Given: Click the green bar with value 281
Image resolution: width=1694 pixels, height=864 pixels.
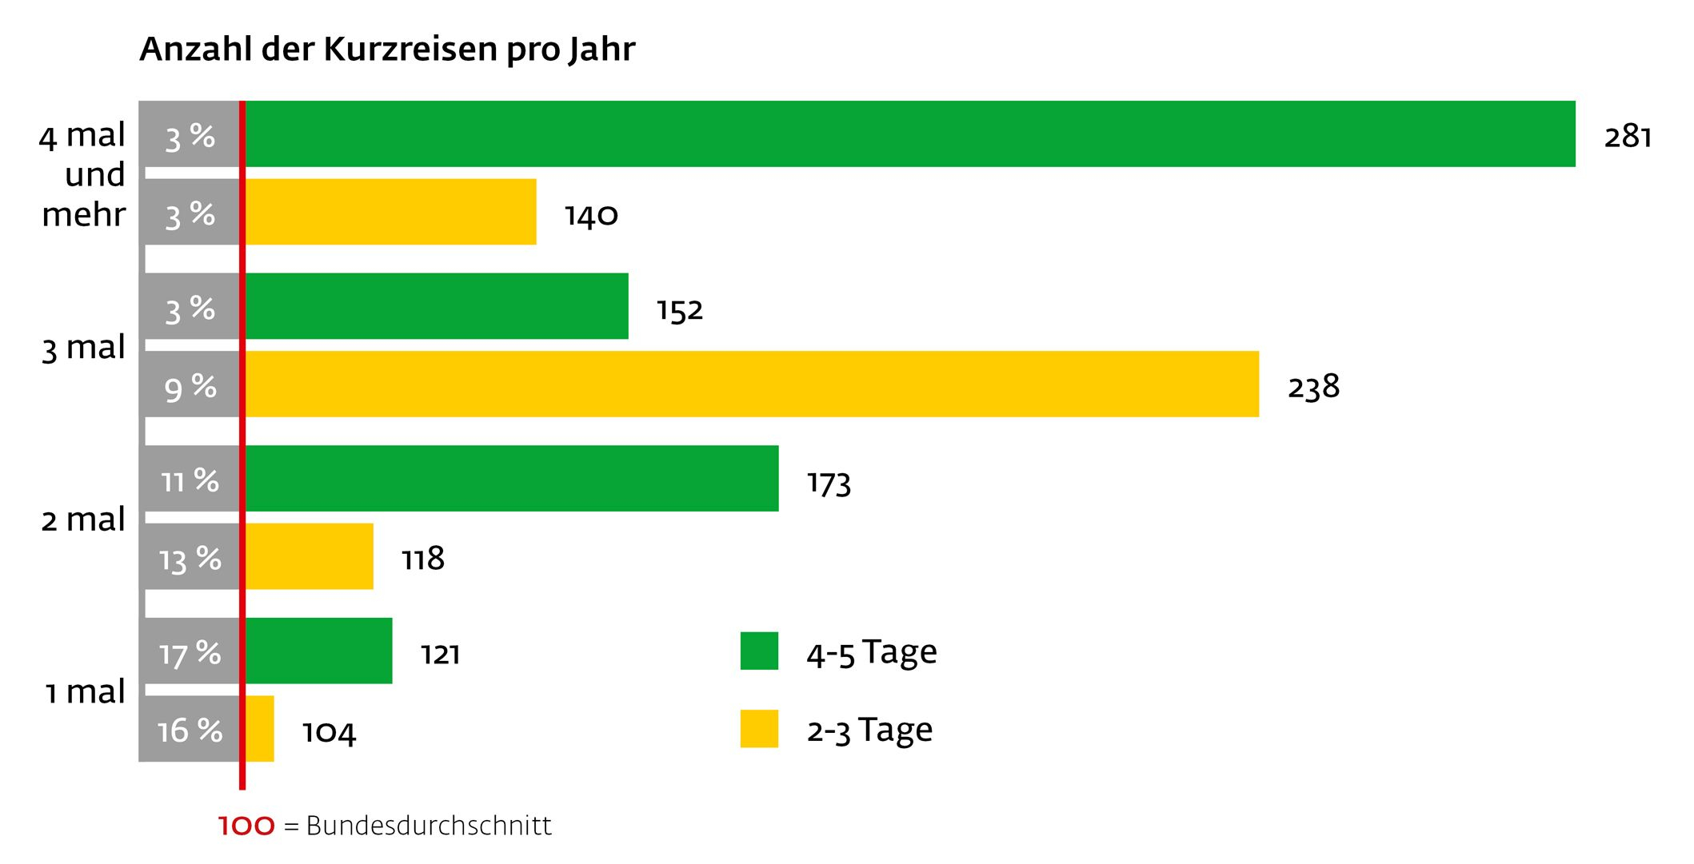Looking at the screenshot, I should [x=909, y=134].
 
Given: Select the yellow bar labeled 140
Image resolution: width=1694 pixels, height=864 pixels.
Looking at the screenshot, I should [x=390, y=212].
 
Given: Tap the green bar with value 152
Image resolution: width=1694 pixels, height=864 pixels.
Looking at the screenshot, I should [x=437, y=306].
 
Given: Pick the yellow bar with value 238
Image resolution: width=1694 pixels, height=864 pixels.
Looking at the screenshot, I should [x=752, y=384].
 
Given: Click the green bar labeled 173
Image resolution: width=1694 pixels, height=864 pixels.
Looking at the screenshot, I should [x=512, y=479].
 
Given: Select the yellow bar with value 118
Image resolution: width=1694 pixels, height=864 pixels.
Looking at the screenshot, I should [x=309, y=557].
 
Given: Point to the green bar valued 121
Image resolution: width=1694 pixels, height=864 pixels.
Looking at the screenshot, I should [x=318, y=651].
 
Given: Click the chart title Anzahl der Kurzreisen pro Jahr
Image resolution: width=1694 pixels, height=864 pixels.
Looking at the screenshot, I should [x=387, y=50].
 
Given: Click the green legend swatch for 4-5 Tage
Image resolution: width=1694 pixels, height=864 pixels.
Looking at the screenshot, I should [x=759, y=651].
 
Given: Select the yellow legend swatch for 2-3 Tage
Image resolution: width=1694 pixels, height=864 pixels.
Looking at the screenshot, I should [x=759, y=729].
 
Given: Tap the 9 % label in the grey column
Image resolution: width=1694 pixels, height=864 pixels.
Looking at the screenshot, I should [x=190, y=388].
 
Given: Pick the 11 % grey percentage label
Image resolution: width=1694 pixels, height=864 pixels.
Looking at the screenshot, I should [x=190, y=481].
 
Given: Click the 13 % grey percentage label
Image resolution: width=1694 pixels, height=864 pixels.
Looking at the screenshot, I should [x=190, y=559].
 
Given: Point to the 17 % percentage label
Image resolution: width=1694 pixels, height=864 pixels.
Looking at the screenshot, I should [x=190, y=653].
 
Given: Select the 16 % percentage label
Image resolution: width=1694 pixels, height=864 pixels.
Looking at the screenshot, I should [x=190, y=731].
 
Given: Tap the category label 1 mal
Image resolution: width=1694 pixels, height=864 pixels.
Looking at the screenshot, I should [x=85, y=692].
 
